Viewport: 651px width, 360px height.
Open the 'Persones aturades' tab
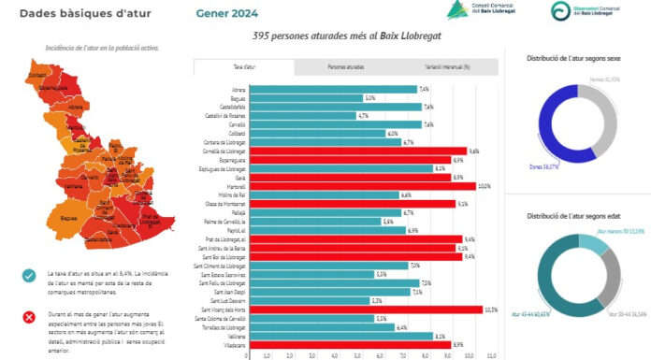coord(345,68)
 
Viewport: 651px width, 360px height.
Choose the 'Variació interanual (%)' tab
coord(446,68)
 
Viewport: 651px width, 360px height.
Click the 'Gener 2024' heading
coord(228,13)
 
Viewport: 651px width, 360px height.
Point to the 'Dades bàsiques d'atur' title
coord(66,13)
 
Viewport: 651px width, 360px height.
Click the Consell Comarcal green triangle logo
coord(457,11)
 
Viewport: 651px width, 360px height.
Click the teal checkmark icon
coord(29,275)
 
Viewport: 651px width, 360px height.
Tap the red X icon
coord(29,317)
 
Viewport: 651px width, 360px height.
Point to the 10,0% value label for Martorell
coord(485,186)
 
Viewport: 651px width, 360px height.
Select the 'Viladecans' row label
coord(231,345)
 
